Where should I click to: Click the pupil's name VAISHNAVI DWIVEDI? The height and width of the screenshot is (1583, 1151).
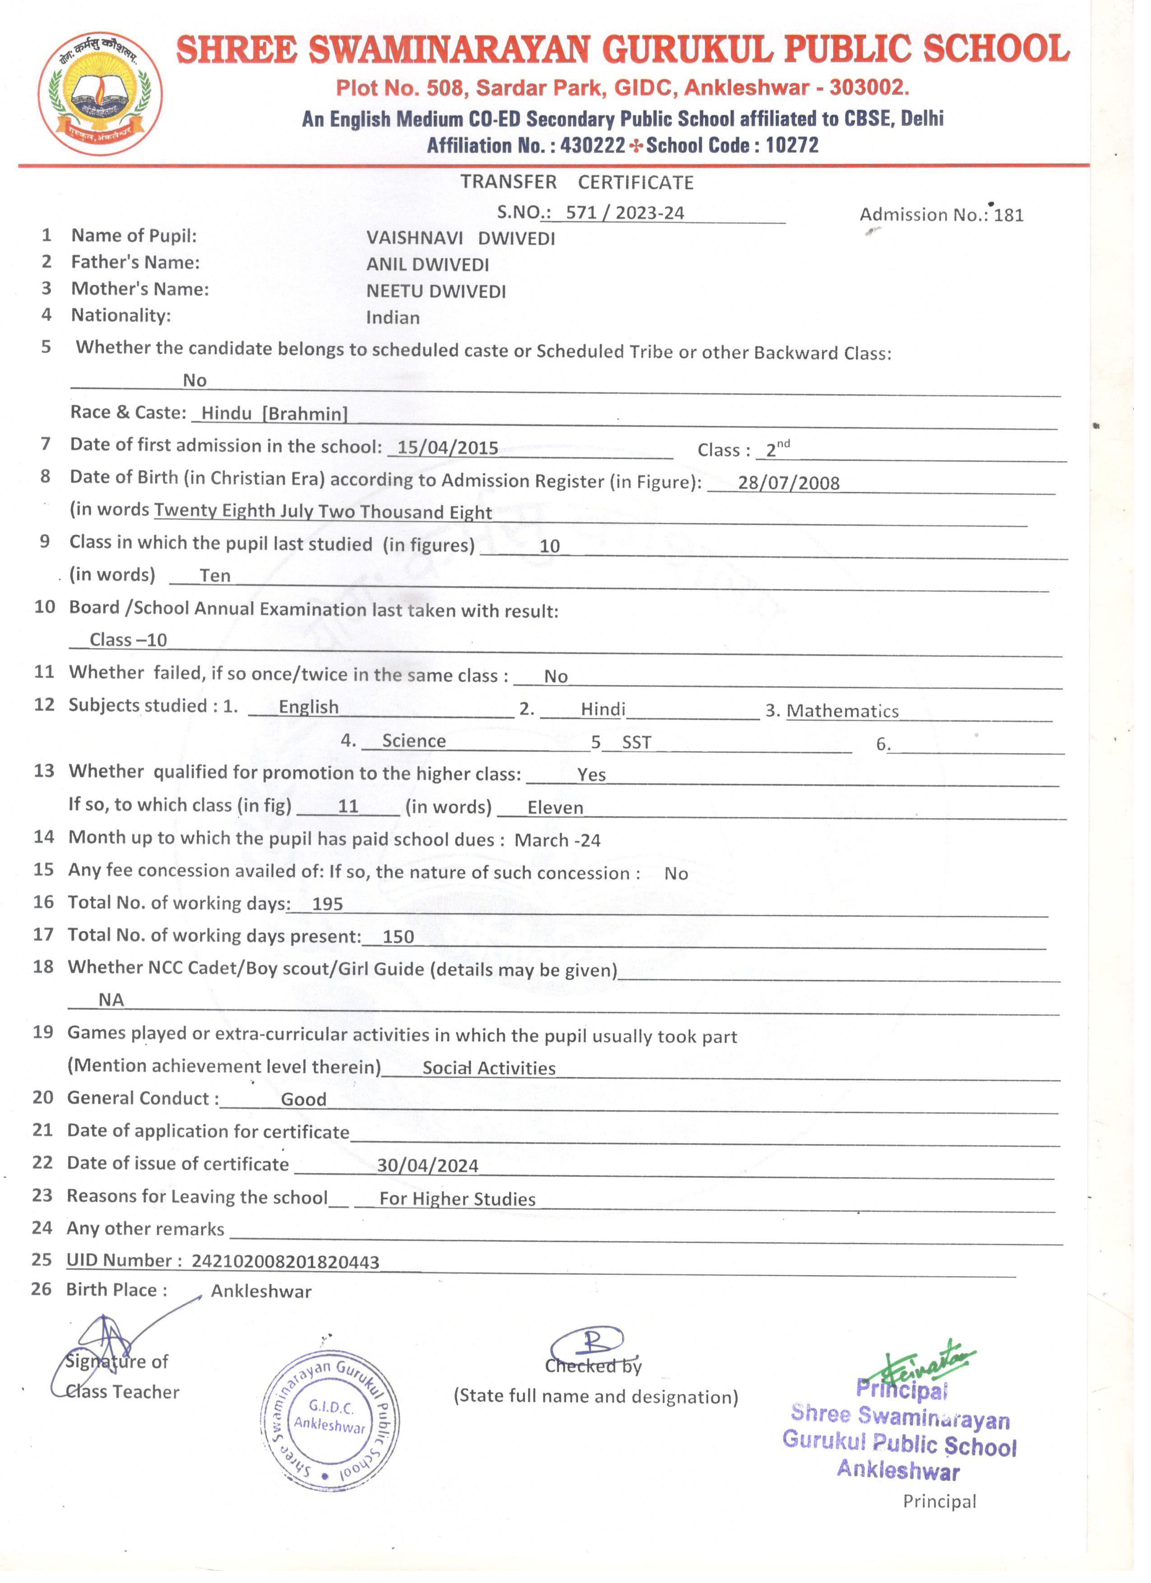461,239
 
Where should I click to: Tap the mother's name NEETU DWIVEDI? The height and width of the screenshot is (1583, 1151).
436,292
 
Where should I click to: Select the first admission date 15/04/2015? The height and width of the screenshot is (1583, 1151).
447,448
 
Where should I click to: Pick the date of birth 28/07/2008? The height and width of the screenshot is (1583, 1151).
789,483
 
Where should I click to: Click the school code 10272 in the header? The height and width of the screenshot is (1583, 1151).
792,145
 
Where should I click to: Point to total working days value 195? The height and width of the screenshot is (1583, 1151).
327,905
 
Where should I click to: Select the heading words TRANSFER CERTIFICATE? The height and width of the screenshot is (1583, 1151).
576,183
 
